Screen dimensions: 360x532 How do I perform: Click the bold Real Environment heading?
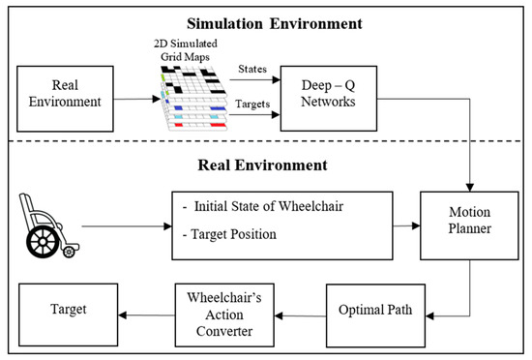[x=265, y=165]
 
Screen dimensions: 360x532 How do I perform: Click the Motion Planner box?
[x=461, y=225]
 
